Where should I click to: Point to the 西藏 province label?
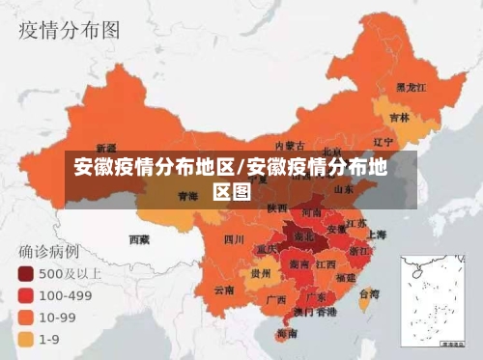[139, 237]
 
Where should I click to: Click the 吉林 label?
[398, 118]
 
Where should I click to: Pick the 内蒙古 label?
[290, 146]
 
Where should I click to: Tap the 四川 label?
[234, 238]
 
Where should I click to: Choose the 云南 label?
[224, 289]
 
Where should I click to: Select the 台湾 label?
[368, 293]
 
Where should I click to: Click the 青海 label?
[187, 195]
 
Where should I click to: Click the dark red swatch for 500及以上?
[25, 273]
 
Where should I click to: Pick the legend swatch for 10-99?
[25, 317]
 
